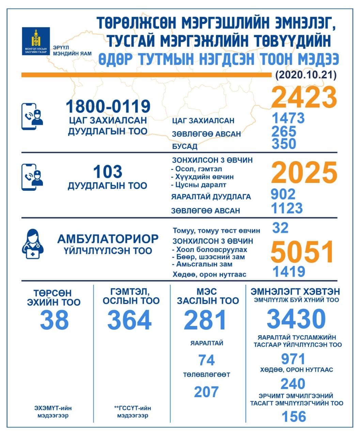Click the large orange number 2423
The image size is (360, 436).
pos(304,97)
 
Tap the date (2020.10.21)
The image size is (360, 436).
pos(306,75)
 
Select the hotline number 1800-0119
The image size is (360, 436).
pos(108,106)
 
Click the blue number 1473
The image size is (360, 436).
pos(288,118)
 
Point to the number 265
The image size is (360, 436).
pos(284,131)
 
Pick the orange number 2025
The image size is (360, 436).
pos(304,173)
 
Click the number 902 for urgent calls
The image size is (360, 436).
pos(283,194)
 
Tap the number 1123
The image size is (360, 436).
pos(287,208)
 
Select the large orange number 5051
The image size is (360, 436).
pos(302,252)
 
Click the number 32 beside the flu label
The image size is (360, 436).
pos(280,228)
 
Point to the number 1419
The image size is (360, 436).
pos(288,272)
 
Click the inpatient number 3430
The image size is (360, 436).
pos(296,318)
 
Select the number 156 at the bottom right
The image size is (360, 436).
pos(294,417)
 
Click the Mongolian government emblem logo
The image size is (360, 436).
pos(35,41)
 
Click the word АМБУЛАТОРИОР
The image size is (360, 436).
pos(108,239)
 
